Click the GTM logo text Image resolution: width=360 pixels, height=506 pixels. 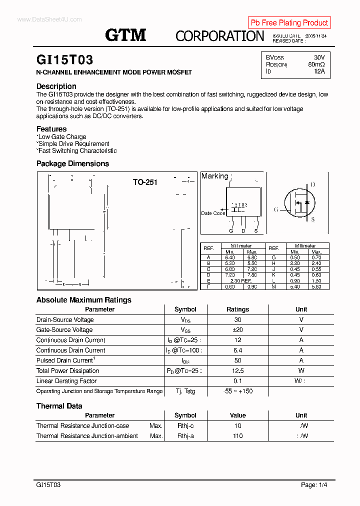click(x=125, y=35)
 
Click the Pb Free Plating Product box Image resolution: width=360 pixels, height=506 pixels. click(x=289, y=22)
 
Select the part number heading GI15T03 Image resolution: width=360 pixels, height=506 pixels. click(x=64, y=60)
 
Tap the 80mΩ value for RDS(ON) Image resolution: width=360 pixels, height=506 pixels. click(x=316, y=64)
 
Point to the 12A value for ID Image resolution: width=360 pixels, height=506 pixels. click(x=319, y=71)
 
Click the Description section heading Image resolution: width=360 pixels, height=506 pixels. click(x=56, y=86)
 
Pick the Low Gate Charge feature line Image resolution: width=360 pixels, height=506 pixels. click(x=61, y=136)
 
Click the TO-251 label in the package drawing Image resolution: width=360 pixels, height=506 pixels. click(x=145, y=182)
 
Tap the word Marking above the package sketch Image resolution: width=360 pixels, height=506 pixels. click(x=214, y=176)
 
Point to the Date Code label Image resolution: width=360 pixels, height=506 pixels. click(x=213, y=213)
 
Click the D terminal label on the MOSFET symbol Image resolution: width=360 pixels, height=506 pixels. click(x=313, y=184)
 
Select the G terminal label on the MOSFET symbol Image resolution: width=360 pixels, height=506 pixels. click(x=275, y=209)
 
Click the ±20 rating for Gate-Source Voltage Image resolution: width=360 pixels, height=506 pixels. click(x=237, y=329)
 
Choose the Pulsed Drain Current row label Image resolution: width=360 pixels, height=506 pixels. click(x=65, y=360)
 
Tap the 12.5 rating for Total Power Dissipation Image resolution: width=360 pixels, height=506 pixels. click(x=237, y=370)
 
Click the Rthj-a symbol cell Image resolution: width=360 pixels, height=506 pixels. click(x=185, y=435)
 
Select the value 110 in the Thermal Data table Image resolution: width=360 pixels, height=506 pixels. click(x=237, y=435)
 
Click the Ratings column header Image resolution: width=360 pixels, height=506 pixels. click(x=237, y=309)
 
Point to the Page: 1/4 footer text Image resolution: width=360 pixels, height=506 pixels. click(x=314, y=484)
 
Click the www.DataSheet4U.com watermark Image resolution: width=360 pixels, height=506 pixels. click(x=49, y=19)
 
